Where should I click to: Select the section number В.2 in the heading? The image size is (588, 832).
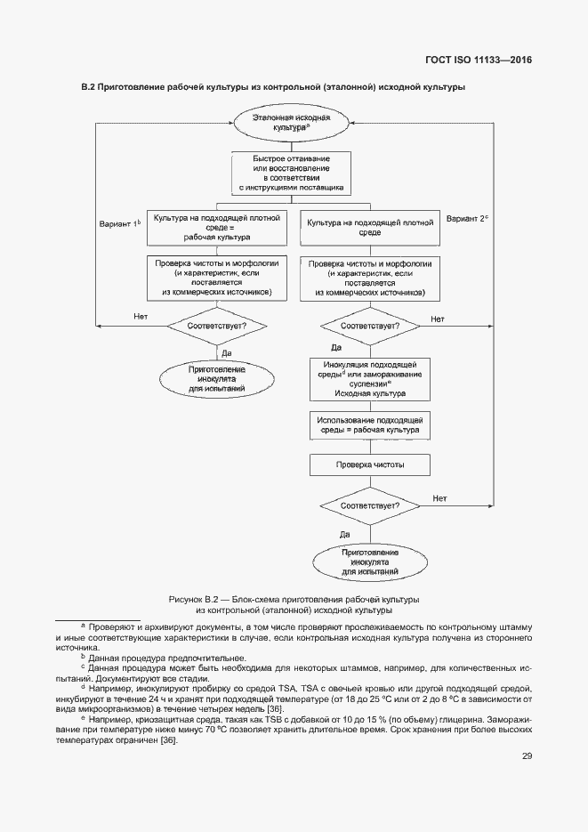[87, 87]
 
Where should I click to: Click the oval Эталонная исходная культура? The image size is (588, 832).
[292, 123]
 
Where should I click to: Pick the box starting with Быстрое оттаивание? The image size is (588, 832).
[292, 174]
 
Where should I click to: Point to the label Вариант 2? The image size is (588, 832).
[467, 218]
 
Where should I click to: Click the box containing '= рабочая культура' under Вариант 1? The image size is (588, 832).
[216, 227]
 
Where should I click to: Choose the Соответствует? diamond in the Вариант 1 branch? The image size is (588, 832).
[216, 326]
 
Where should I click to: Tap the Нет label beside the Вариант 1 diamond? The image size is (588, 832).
[140, 317]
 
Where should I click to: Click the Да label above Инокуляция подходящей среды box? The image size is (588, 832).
[336, 347]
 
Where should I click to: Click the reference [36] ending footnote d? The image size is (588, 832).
[274, 708]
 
